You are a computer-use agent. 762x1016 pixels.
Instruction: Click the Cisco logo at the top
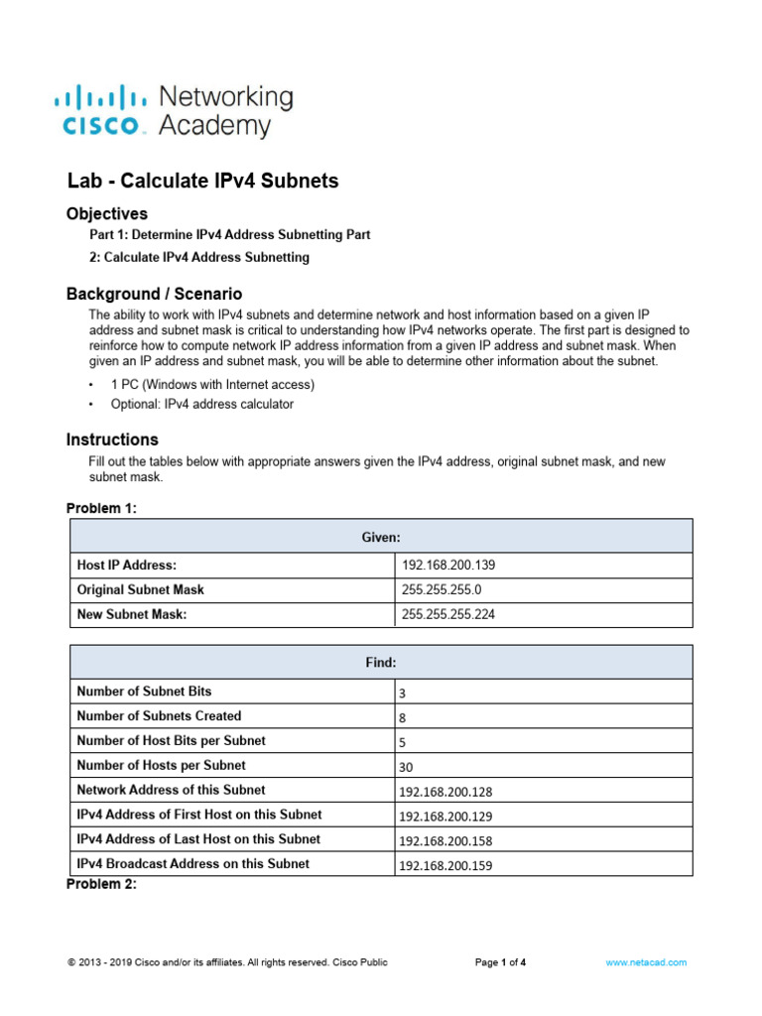173,110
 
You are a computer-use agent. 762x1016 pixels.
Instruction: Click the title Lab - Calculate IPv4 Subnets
202,181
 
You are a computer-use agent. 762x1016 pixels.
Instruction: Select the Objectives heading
107,213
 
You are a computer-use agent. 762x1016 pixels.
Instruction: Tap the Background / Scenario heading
154,294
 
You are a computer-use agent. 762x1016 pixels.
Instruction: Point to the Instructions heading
112,440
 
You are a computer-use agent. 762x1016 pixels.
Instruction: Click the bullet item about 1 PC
212,384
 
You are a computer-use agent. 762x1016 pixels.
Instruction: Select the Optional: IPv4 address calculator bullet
202,404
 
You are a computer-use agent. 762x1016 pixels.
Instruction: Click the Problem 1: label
101,509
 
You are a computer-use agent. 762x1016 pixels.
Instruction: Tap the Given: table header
381,537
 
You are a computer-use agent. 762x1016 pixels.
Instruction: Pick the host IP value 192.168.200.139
448,566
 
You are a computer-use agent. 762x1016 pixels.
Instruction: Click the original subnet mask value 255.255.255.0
442,589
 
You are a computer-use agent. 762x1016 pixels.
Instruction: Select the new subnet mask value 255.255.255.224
448,614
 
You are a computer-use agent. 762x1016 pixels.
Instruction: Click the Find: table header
381,662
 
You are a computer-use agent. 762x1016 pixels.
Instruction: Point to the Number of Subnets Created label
159,716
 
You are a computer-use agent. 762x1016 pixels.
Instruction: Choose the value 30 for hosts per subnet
407,767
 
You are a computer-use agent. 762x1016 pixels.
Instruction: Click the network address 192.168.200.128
445,792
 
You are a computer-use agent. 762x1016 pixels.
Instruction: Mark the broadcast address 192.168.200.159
445,865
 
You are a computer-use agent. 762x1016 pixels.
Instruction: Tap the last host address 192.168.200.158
445,840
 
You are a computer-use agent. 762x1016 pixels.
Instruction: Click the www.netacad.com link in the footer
646,962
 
